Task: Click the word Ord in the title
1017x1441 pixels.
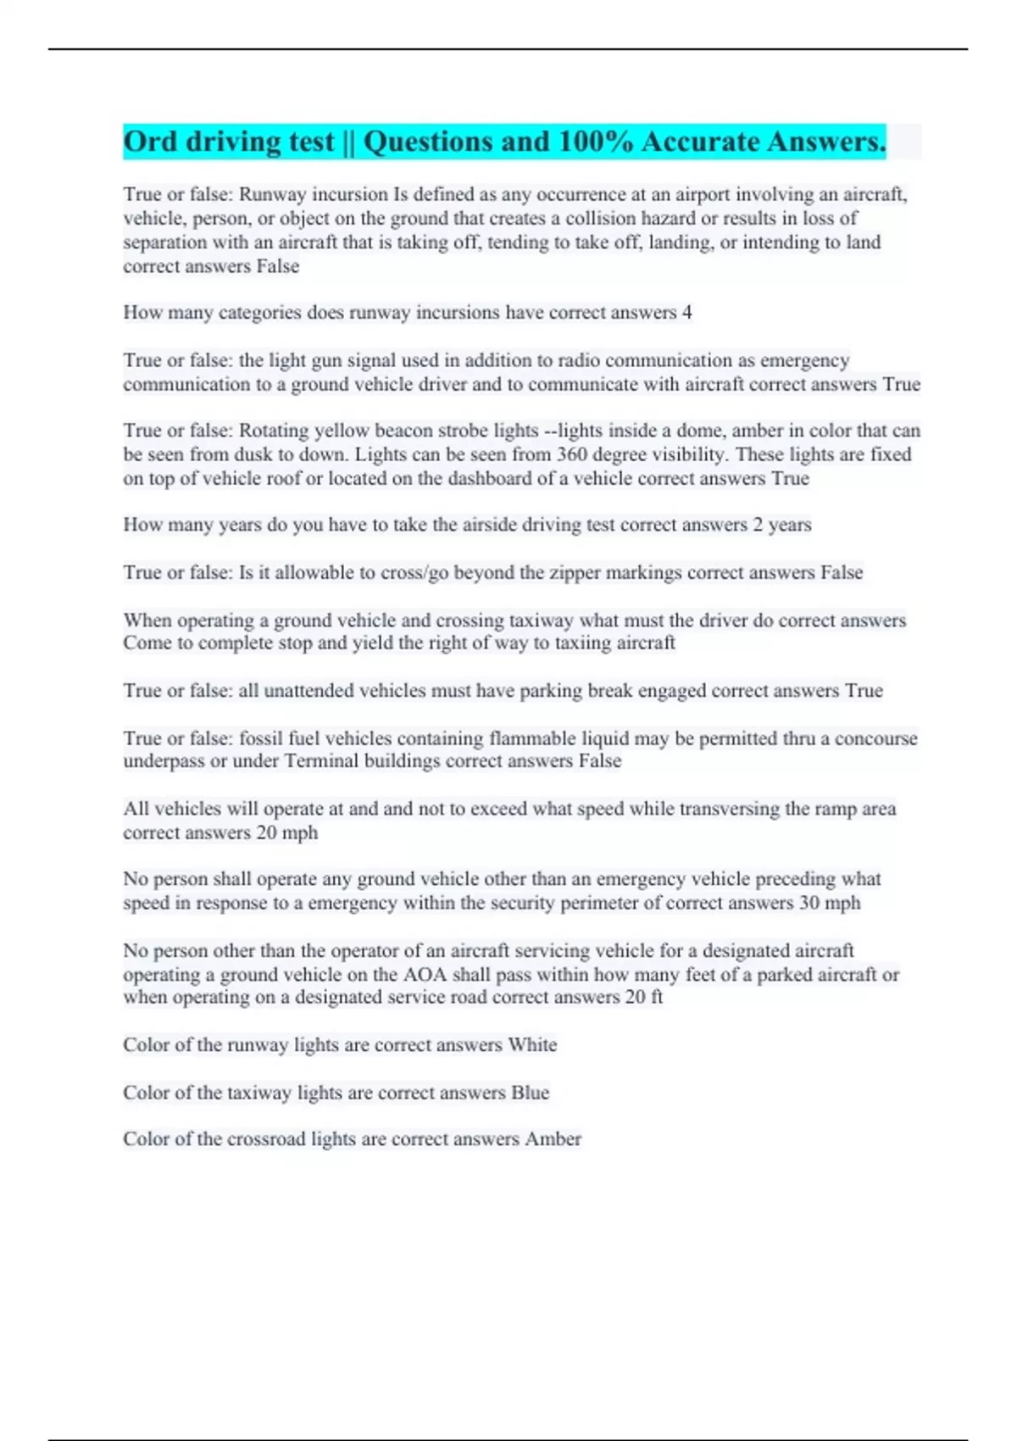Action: [150, 142]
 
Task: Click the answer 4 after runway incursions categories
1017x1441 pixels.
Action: [686, 313]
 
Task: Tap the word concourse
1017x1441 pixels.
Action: [875, 738]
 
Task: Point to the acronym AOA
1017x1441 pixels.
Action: [424, 975]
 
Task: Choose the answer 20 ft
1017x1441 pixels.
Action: [644, 997]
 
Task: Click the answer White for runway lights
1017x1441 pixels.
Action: [532, 1045]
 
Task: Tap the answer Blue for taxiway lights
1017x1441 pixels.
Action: [530, 1093]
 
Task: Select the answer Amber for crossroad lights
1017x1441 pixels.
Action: [553, 1139]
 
